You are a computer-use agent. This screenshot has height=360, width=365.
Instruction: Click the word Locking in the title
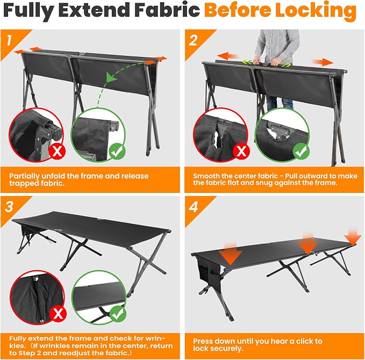(316, 10)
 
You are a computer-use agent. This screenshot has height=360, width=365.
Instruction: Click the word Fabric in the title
(167, 10)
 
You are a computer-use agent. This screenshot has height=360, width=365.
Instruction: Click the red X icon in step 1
(58, 152)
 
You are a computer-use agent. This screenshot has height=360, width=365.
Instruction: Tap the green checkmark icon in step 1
(118, 152)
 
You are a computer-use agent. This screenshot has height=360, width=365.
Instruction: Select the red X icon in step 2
(241, 151)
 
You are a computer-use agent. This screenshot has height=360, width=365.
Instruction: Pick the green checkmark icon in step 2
(301, 152)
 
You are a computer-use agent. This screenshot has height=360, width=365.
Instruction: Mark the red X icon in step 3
(58, 314)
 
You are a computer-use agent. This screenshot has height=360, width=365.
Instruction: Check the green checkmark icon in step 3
(118, 314)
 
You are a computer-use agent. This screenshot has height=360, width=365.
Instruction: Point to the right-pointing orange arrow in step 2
(323, 62)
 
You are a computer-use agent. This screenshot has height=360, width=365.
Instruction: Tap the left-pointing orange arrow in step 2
(227, 56)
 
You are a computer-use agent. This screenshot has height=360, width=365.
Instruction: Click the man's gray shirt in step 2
(277, 44)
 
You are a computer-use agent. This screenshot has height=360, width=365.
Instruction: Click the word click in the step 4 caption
(306, 341)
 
